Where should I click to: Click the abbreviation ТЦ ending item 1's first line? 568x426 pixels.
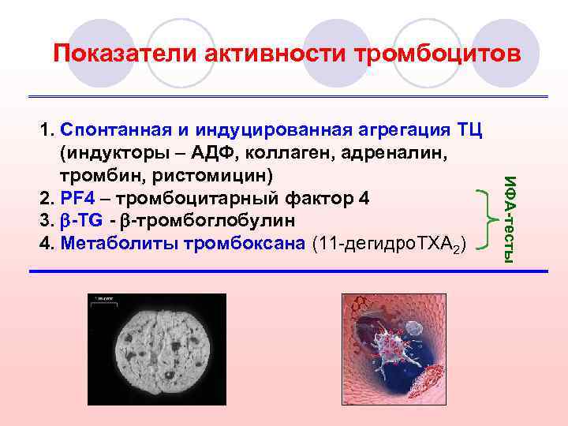pyautogui.click(x=470, y=129)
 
